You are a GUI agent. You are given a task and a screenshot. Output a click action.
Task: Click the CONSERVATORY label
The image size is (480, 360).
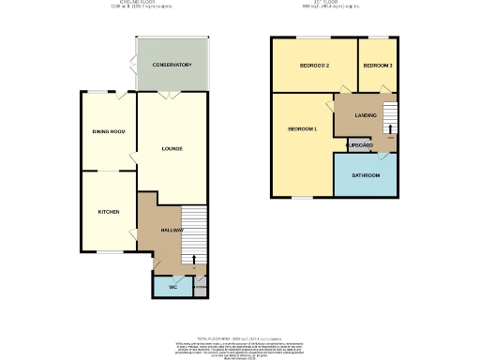click(x=172, y=65)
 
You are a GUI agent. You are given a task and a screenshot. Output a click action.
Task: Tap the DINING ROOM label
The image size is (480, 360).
click(x=109, y=131)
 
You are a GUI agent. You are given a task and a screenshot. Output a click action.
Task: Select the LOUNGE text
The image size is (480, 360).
click(x=172, y=148)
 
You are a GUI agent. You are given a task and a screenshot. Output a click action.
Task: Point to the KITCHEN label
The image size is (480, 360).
click(x=109, y=212)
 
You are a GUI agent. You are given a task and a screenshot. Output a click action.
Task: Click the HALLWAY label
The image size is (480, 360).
click(x=171, y=230)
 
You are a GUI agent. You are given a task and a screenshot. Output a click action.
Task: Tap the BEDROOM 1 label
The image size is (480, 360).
click(x=302, y=127)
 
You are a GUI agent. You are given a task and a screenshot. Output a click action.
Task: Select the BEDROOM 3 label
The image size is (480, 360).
click(x=378, y=65)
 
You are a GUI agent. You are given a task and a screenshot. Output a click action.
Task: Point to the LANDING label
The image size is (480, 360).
click(x=367, y=114)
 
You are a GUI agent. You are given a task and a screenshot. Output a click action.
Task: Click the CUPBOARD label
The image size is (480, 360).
click(x=360, y=145)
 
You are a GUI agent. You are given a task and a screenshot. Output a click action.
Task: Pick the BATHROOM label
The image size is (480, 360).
click(x=366, y=175)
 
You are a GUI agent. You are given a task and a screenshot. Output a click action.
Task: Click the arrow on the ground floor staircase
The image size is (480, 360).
click(x=194, y=259)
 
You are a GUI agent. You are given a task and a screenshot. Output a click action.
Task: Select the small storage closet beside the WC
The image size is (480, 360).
click(x=199, y=287)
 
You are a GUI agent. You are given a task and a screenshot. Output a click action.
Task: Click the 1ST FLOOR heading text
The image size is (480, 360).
click(x=334, y=4)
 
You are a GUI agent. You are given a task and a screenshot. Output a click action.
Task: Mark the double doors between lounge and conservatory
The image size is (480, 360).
click(x=170, y=96)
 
